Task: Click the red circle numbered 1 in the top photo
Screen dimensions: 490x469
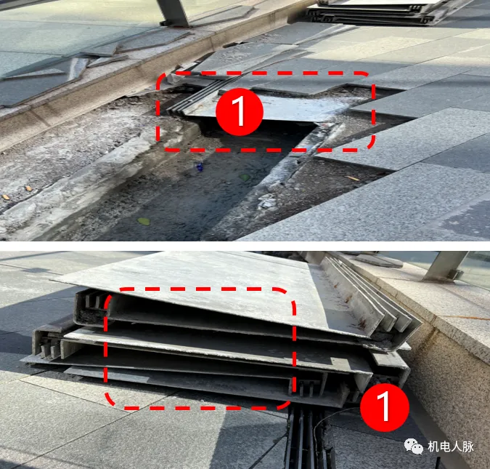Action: coord(240,111)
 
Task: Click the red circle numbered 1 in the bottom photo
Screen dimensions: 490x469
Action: coord(384,407)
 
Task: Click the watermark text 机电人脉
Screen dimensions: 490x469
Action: coord(451,446)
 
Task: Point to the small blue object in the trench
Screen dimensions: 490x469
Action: coord(200,167)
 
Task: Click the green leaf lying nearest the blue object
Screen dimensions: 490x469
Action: coord(245,177)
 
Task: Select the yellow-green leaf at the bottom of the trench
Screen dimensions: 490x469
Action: coord(144,221)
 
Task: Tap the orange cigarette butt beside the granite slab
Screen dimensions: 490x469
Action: coord(354,178)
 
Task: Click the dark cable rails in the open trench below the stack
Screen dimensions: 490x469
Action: coord(308,438)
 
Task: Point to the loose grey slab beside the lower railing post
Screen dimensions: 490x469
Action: coord(380,260)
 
